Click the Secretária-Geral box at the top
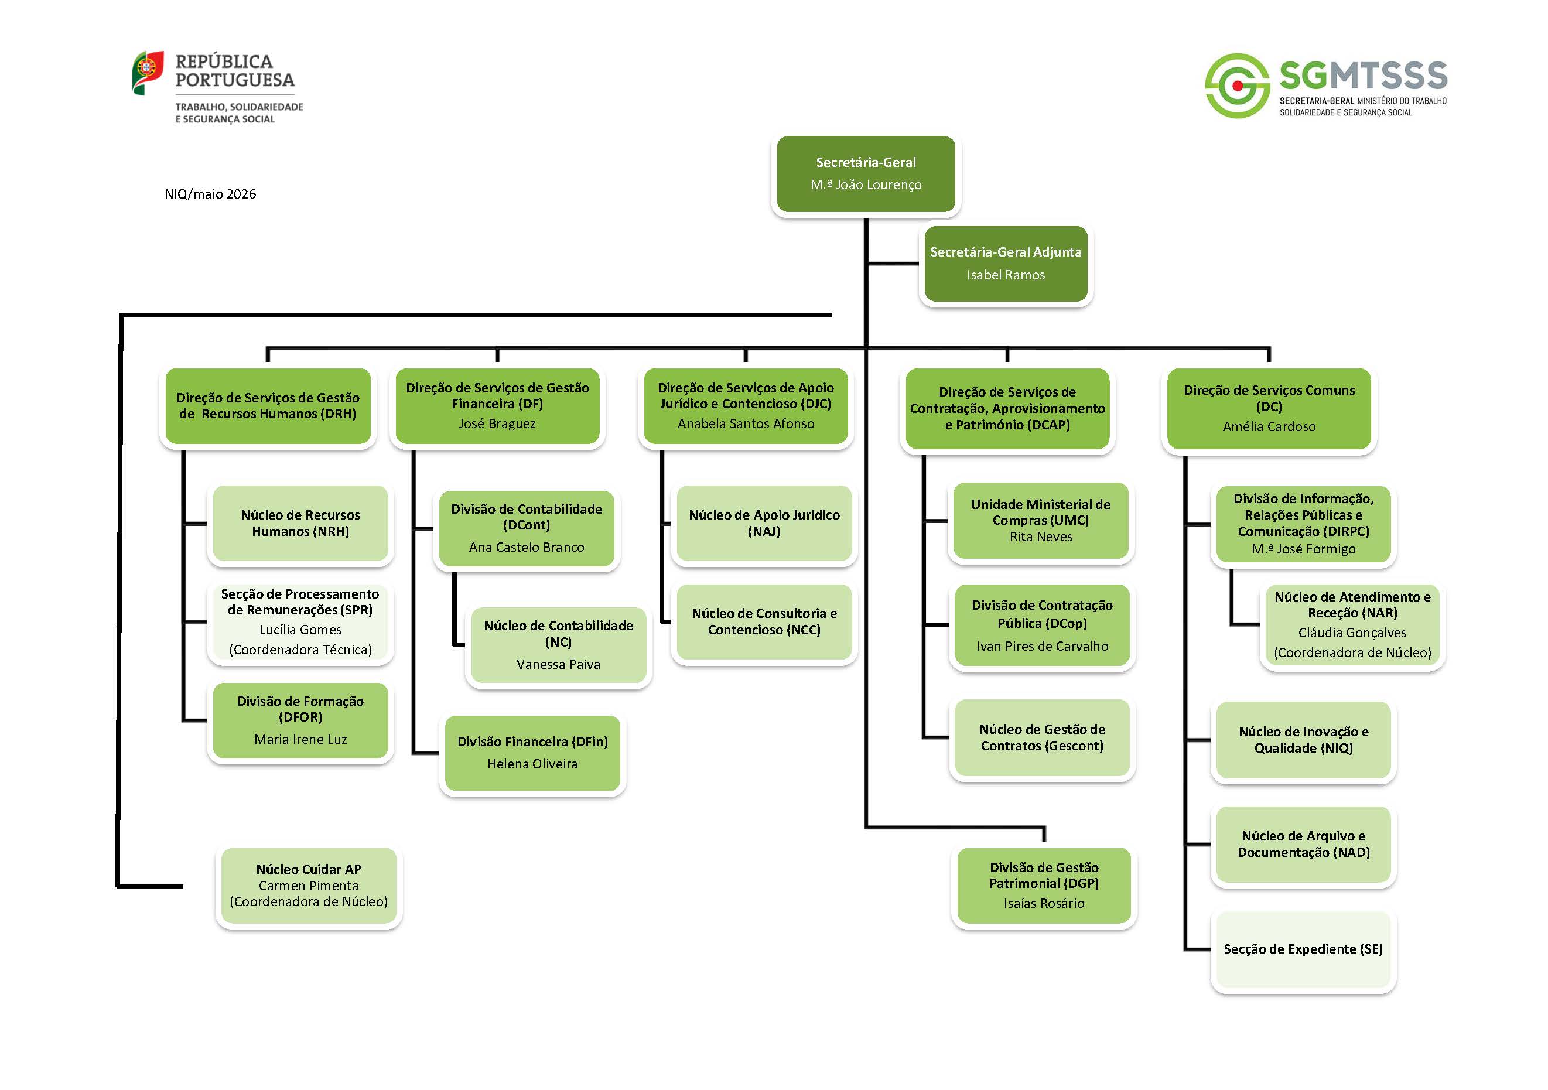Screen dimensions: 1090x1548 click(x=865, y=174)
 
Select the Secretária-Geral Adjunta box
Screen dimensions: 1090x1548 click(x=1005, y=264)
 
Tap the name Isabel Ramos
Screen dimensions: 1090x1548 click(x=1005, y=275)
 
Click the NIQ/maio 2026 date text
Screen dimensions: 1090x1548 click(x=210, y=194)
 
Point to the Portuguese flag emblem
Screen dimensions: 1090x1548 click(x=148, y=72)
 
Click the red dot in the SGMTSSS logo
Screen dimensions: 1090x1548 click(x=1237, y=86)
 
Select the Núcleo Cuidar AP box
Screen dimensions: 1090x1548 click(x=309, y=885)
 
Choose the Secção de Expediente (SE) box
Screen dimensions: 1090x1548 click(x=1303, y=949)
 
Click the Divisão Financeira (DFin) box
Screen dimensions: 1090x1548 click(x=532, y=752)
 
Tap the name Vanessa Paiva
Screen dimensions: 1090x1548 click(x=558, y=664)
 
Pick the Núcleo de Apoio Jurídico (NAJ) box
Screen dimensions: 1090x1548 click(x=764, y=523)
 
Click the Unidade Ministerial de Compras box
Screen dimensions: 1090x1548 click(x=1040, y=520)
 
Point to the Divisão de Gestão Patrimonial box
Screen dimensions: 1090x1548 click(x=1044, y=884)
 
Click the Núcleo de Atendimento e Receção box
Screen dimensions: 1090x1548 click(x=1352, y=624)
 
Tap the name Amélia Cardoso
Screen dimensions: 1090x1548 click(x=1269, y=427)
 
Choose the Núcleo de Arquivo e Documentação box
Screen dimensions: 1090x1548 click(x=1303, y=844)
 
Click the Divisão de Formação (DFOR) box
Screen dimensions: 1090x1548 click(x=300, y=720)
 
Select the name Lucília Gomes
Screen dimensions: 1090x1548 click(x=300, y=630)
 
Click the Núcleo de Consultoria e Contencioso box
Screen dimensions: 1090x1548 click(x=764, y=621)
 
